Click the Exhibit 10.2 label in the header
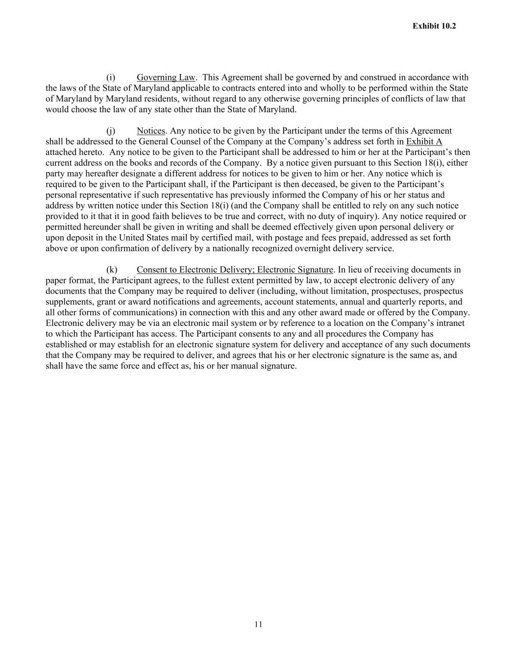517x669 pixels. [x=434, y=26]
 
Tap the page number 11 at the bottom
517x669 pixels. [x=259, y=624]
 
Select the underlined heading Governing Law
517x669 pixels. [x=166, y=77]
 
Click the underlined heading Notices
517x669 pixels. [x=151, y=131]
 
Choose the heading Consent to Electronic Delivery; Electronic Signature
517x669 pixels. [x=235, y=270]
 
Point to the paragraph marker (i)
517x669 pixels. [x=111, y=77]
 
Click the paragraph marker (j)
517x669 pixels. [x=111, y=131]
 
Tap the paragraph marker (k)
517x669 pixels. [x=112, y=270]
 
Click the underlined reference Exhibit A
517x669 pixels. [x=424, y=142]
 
